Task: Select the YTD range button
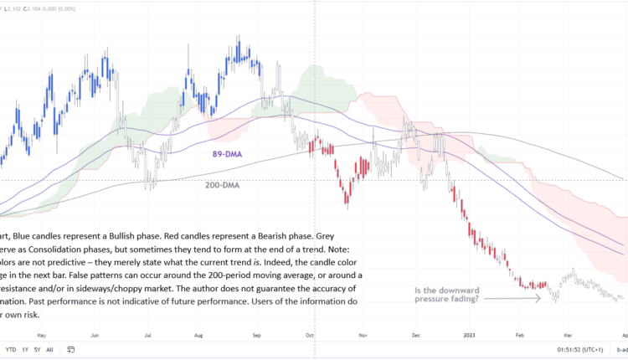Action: [11, 349]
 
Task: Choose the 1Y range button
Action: [26, 349]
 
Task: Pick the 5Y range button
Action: [39, 349]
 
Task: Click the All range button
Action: [50, 349]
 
